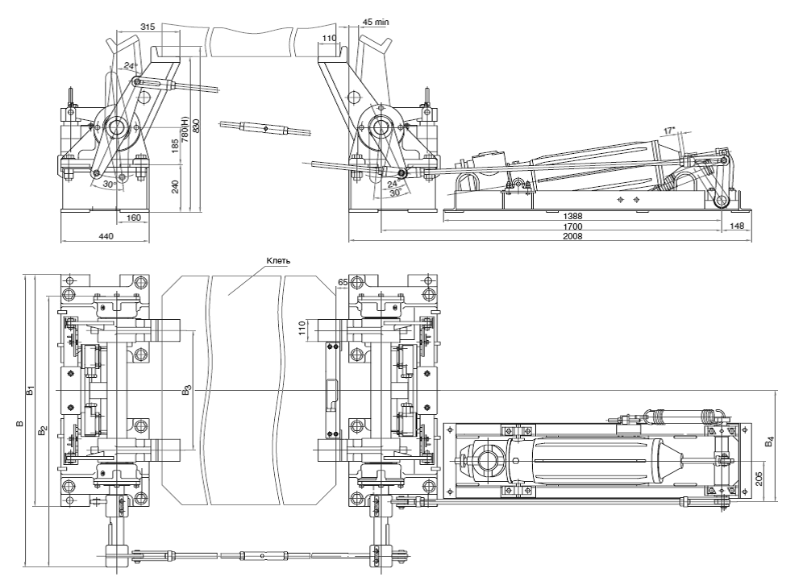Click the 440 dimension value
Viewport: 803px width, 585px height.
(x=105, y=236)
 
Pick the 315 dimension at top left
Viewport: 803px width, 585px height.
(x=147, y=27)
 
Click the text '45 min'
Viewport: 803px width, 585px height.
(x=375, y=23)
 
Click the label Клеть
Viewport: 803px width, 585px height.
(x=277, y=261)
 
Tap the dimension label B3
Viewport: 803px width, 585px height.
(x=186, y=392)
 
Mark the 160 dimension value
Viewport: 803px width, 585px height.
(x=134, y=217)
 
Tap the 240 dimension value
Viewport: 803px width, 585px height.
(x=175, y=186)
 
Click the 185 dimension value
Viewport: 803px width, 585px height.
(x=175, y=147)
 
